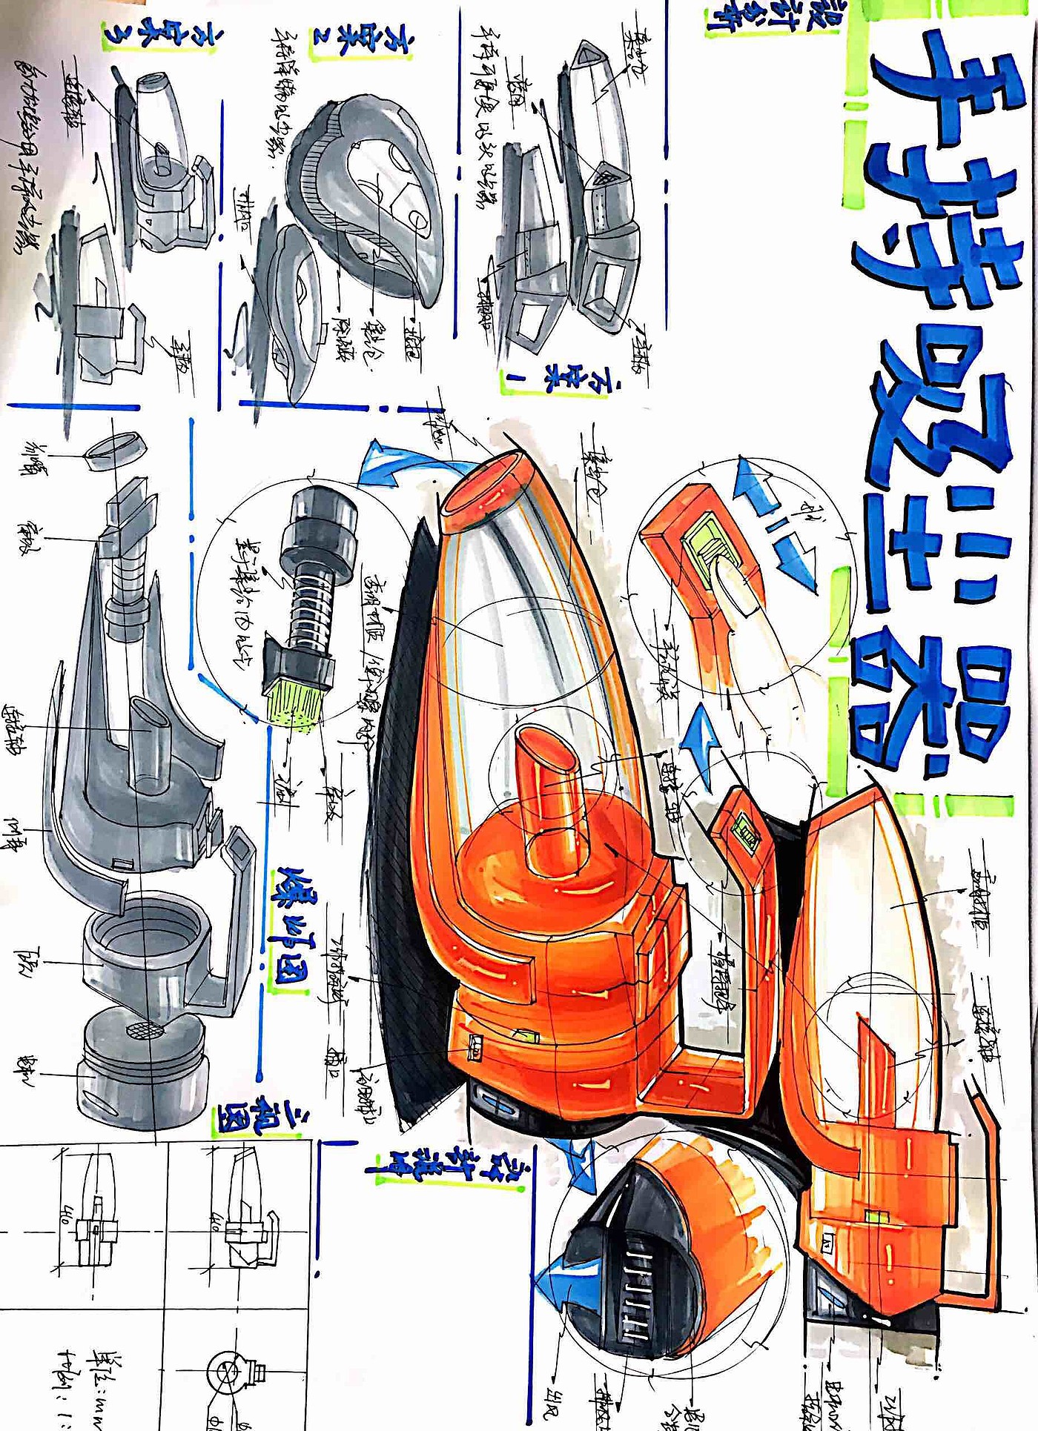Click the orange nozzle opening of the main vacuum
(486, 486)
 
